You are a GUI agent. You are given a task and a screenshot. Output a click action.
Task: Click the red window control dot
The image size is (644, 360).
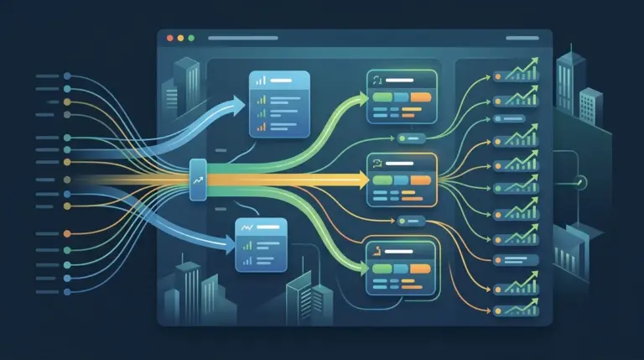170,38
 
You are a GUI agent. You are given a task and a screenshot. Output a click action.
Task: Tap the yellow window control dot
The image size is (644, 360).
180,38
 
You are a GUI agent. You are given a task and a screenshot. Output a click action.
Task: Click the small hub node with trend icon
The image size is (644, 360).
199,180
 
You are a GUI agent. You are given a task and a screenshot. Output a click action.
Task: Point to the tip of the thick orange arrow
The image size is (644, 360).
368,179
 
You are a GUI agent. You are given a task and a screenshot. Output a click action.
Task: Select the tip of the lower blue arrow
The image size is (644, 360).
234,244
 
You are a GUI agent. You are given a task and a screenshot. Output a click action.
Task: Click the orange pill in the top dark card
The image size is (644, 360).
420,97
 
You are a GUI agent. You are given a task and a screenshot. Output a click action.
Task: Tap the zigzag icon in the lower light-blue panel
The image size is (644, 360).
248,227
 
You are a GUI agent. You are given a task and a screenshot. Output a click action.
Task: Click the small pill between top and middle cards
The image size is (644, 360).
413,137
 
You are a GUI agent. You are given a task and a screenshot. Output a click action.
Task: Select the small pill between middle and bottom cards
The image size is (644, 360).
413,221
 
